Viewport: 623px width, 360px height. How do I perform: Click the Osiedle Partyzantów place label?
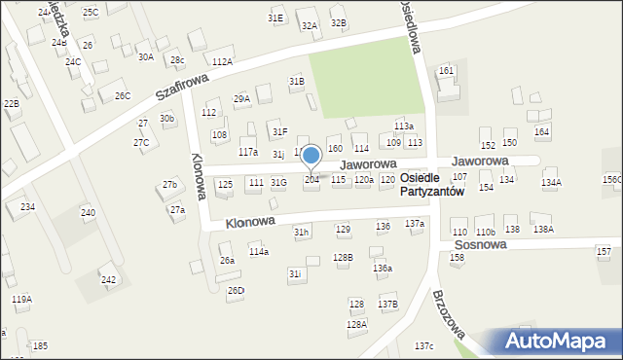point(432,185)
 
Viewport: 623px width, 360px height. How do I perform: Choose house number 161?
point(446,71)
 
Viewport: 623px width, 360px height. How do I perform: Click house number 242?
point(109,280)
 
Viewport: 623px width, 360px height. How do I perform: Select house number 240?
point(88,212)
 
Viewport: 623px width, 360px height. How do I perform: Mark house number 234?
point(27,206)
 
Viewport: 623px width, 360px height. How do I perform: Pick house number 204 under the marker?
point(311,180)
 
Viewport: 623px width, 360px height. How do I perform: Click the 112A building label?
point(223,61)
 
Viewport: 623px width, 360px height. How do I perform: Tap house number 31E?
point(275,18)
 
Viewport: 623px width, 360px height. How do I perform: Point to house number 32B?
point(338,22)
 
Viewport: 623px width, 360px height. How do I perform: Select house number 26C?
point(122,95)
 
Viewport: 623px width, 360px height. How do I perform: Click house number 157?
point(604,251)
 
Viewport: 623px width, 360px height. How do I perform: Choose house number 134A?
point(551,183)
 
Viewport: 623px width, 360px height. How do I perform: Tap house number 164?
point(542,131)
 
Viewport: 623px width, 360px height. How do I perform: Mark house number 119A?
point(21,300)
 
